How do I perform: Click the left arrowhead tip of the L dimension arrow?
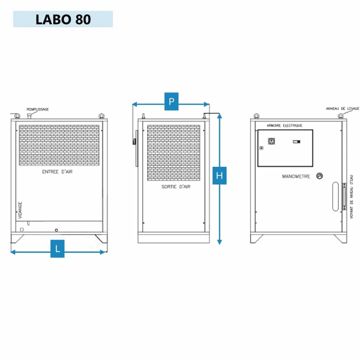click(x=11, y=252)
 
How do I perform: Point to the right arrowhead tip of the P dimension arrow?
click(x=209, y=104)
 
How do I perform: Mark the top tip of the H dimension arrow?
click(x=220, y=114)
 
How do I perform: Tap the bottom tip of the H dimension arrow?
click(x=220, y=244)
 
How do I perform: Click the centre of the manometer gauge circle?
click(x=320, y=176)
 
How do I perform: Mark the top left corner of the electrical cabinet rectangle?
click(x=258, y=130)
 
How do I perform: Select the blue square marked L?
click(x=57, y=249)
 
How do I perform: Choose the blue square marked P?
click(x=172, y=102)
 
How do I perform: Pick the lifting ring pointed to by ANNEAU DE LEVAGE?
click(x=341, y=116)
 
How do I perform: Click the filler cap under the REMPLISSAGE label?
click(x=29, y=116)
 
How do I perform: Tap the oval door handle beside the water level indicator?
click(x=336, y=196)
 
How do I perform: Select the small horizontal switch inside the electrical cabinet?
click(x=296, y=142)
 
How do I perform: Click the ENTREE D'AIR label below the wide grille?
click(x=57, y=172)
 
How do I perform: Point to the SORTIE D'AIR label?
click(x=176, y=187)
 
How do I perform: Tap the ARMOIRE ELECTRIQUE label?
click(x=284, y=125)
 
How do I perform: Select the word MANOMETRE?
click(x=296, y=176)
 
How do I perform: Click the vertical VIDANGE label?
click(x=20, y=210)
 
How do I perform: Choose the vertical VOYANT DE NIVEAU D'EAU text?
click(x=351, y=197)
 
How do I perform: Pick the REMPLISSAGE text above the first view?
click(x=38, y=109)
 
